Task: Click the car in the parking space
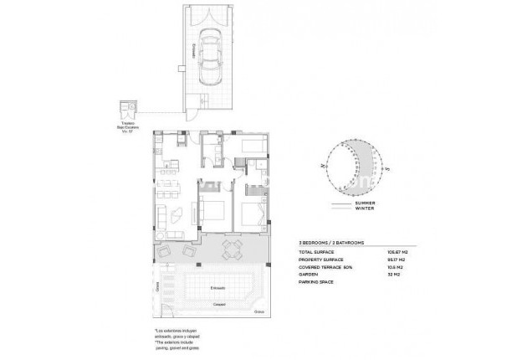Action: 207,57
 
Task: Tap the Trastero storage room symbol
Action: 126,108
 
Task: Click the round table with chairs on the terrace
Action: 234,246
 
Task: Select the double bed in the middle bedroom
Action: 212,210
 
